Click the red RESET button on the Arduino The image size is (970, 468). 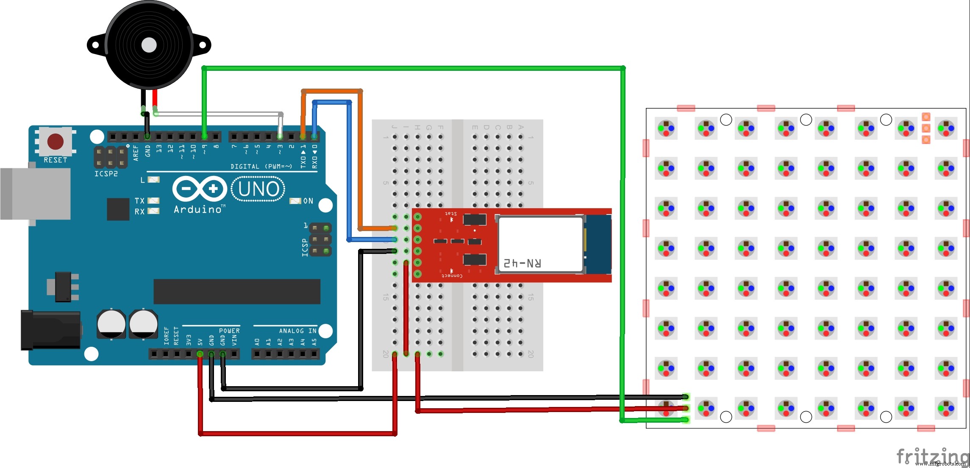coord(56,142)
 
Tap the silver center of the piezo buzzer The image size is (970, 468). coord(149,45)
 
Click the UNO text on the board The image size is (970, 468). coord(258,189)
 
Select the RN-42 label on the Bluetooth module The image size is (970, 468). coord(522,263)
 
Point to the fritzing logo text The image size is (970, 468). coord(932,456)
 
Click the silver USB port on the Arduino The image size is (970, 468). coord(36,194)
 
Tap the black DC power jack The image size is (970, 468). coord(51,330)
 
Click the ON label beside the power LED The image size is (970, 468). coord(308,201)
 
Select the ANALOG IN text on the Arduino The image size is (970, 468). coord(297,331)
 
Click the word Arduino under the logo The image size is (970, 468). coord(198,209)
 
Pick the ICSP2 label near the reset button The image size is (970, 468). coord(106,174)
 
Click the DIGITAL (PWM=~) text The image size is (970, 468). coord(261,167)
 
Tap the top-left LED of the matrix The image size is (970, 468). coord(666,128)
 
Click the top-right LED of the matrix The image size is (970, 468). coord(946,128)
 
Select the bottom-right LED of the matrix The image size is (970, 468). coord(946,409)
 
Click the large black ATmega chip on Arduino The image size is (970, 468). coord(236,292)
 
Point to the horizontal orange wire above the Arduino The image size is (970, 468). coord(332,91)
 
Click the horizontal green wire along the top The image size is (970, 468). coord(413,68)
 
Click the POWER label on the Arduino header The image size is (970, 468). coord(229,331)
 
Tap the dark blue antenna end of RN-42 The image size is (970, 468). coord(598,245)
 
